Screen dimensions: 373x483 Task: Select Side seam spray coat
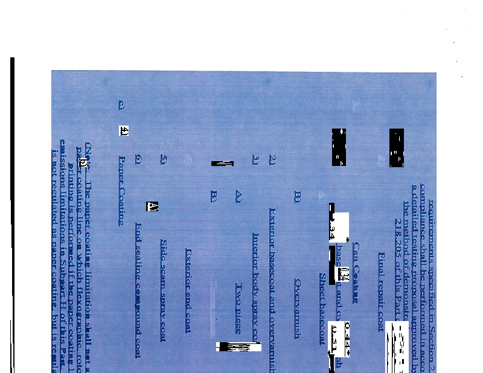[162, 290]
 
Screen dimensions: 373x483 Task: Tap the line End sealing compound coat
[138, 290]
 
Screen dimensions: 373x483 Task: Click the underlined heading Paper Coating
[121, 191]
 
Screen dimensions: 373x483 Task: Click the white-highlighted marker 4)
[124, 130]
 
